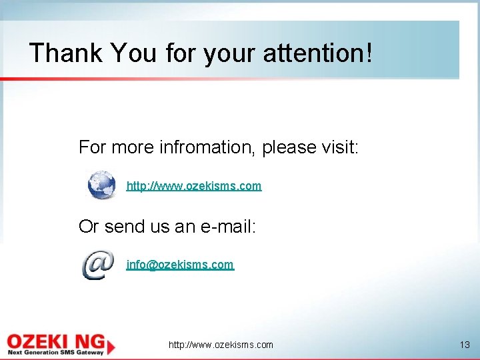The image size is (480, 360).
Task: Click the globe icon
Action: pyautogui.click(x=102, y=185)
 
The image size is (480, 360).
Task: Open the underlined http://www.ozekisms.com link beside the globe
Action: pyautogui.click(x=194, y=186)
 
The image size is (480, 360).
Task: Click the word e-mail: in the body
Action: pyautogui.click(x=229, y=227)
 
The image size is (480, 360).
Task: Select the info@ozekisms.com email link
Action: pyautogui.click(x=180, y=265)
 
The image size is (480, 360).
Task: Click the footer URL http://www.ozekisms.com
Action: pyautogui.click(x=221, y=345)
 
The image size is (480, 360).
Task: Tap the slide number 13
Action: pyautogui.click(x=465, y=345)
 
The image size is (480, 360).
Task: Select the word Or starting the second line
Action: pyautogui.click(x=89, y=227)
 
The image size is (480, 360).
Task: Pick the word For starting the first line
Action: pyautogui.click(x=93, y=147)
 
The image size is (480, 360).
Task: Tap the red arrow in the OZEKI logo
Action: pyautogui.click(x=109, y=345)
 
